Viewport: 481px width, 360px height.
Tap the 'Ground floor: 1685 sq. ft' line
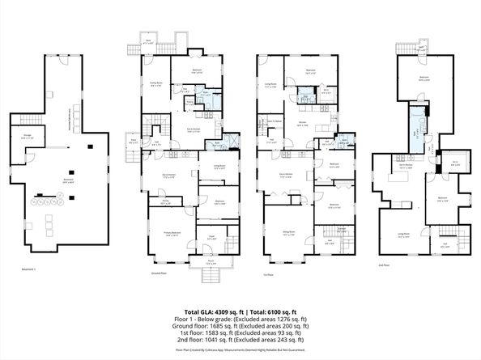pos(240,325)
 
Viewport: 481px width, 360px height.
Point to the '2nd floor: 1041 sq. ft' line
pos(240,338)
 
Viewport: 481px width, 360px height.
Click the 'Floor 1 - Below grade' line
pos(240,319)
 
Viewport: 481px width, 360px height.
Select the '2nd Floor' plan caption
pos(384,264)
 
